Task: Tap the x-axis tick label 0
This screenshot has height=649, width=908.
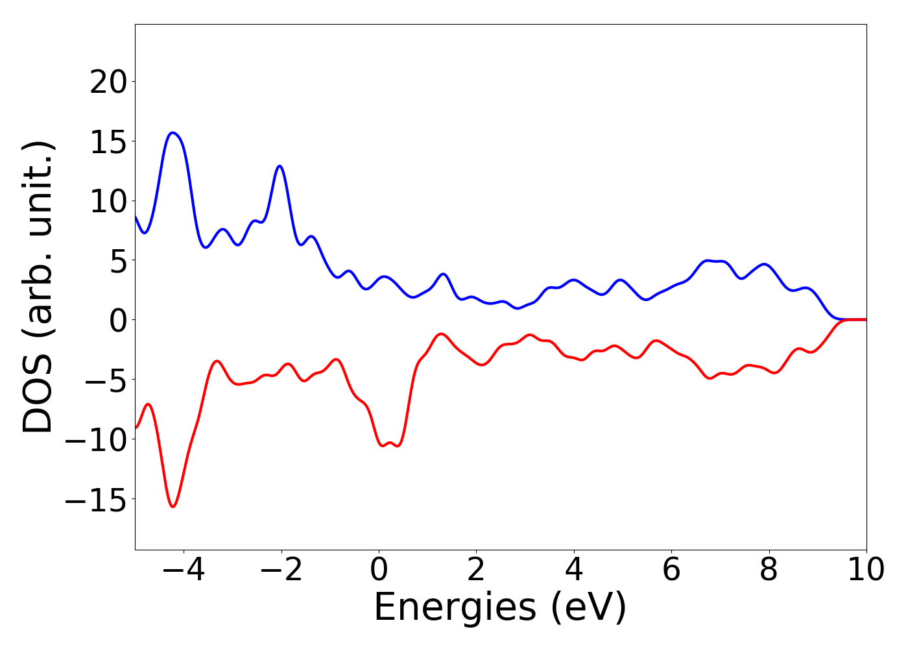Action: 379,570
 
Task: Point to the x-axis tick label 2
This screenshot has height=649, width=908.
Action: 476,570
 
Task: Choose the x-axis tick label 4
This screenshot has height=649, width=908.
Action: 574,570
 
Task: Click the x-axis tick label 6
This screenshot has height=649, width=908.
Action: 671,570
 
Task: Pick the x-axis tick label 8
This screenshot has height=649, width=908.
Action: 769,570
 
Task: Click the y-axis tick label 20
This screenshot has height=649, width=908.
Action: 108,82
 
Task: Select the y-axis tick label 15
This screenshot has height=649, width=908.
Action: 108,141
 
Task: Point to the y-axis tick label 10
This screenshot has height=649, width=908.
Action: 108,201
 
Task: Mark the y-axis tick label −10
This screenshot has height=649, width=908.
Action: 97,439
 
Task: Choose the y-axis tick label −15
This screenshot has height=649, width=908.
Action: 97,499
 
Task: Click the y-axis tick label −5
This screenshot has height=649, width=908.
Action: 108,380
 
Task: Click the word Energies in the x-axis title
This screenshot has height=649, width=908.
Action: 455,608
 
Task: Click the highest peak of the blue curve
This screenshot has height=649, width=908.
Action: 173,132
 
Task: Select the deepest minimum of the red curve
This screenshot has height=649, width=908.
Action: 173,506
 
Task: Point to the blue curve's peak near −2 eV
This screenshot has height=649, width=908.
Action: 280,166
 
